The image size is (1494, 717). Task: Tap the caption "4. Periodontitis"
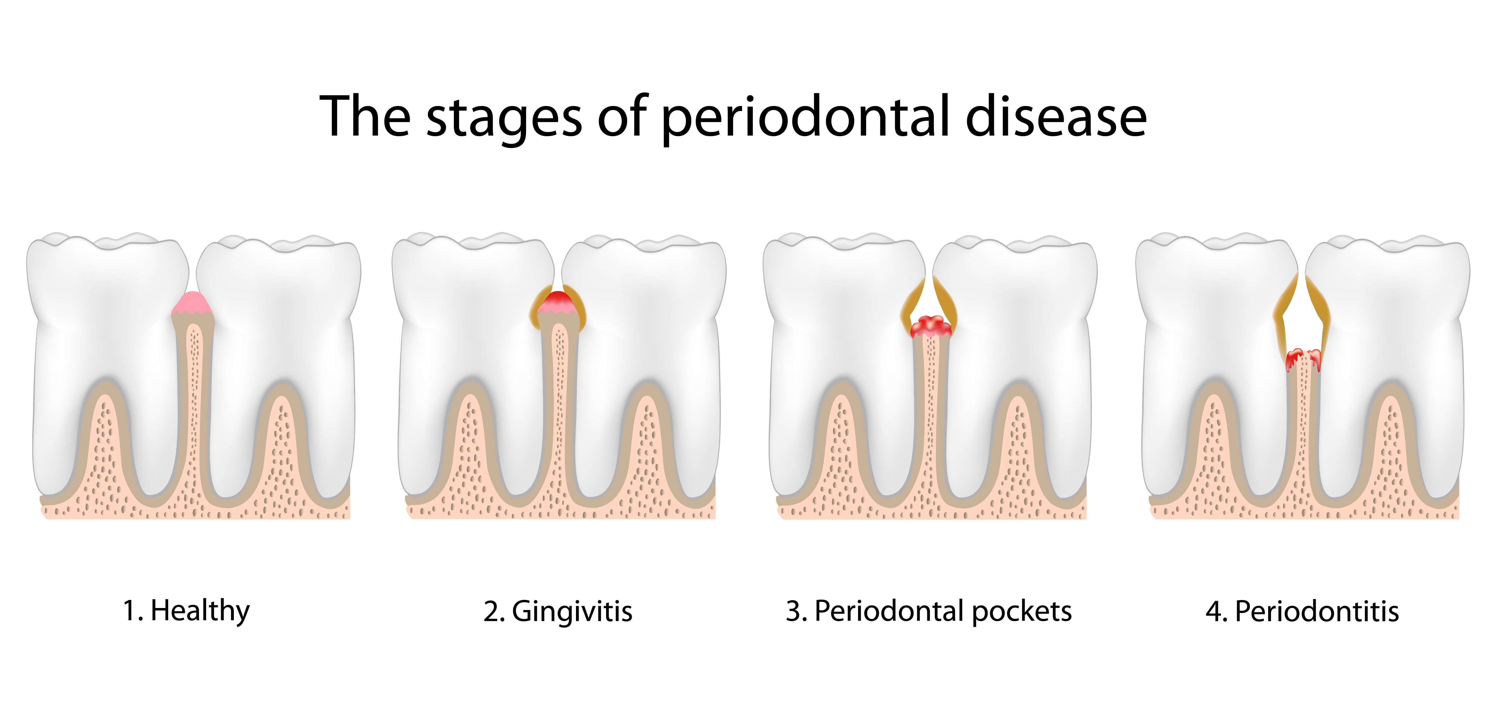tap(1302, 612)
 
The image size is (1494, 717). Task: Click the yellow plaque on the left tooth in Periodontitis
tap(1283, 307)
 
